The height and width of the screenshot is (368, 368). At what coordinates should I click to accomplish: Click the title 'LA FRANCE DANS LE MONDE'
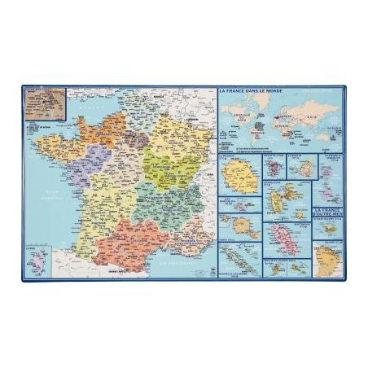tap(259, 90)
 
